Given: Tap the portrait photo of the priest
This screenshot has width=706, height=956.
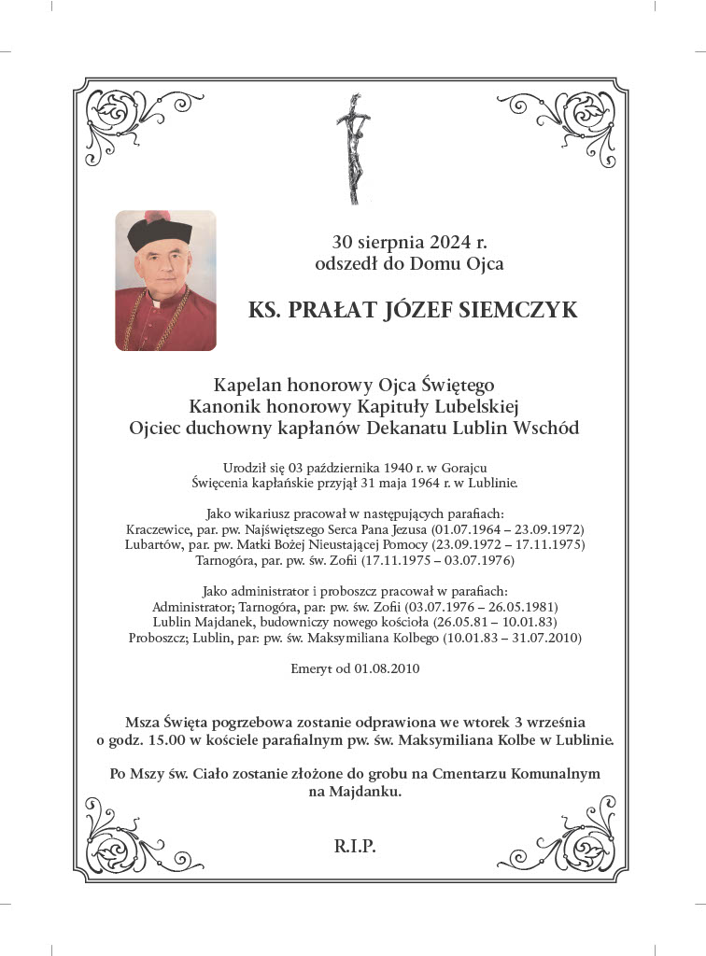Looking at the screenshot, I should tap(166, 280).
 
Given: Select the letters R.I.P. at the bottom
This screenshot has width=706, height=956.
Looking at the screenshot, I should tap(354, 847).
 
